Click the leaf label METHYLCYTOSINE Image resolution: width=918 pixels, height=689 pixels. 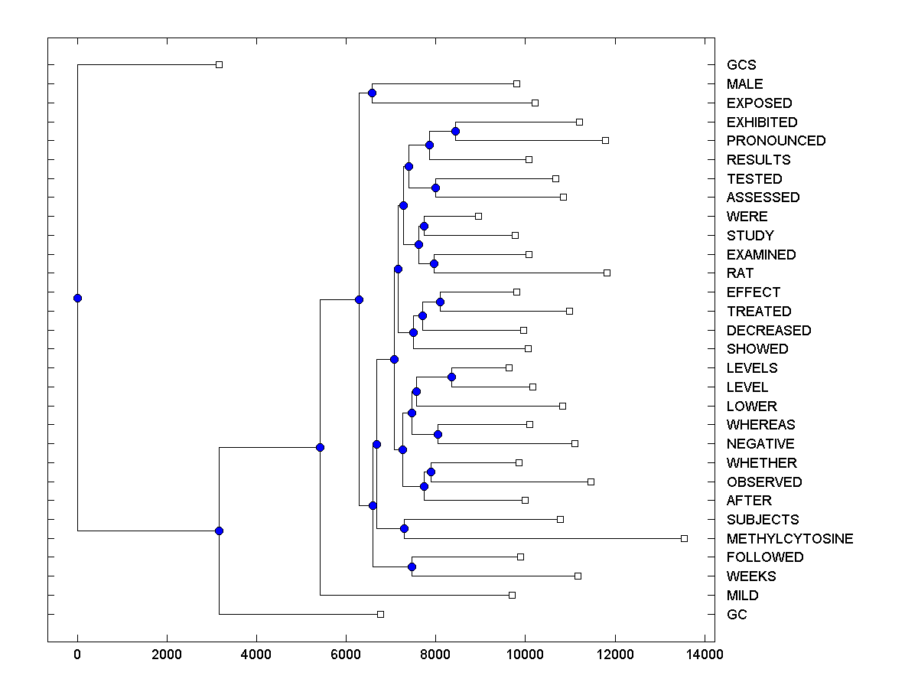tap(789, 539)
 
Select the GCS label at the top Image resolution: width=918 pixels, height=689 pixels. tap(741, 65)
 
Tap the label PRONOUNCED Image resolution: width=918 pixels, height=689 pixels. tap(776, 141)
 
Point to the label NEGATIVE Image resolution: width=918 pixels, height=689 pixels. tap(760, 444)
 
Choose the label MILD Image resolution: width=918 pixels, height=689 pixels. tap(742, 596)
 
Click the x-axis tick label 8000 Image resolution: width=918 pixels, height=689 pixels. tap(435, 655)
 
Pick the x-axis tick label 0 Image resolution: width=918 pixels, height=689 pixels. tap(77, 655)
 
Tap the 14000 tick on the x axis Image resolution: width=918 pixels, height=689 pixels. tap(704, 655)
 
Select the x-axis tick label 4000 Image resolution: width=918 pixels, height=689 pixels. tap(256, 655)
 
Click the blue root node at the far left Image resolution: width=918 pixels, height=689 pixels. tap(77, 298)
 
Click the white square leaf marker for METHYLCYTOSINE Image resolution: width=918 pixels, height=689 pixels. tap(684, 538)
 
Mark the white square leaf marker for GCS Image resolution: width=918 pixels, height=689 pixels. tap(219, 64)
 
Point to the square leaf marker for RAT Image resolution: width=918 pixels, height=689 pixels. tap(607, 273)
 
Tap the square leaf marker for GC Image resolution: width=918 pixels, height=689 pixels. tap(380, 614)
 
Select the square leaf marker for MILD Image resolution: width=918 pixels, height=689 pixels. tap(512, 595)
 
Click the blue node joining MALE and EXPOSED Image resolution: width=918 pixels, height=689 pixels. tap(372, 93)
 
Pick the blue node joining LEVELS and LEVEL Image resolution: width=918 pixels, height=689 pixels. tap(451, 377)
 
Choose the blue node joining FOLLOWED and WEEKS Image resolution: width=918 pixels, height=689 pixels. tap(412, 567)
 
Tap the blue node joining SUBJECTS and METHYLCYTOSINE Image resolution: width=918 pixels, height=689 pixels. tap(404, 528)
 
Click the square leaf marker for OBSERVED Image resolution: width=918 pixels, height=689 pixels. tap(591, 482)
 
